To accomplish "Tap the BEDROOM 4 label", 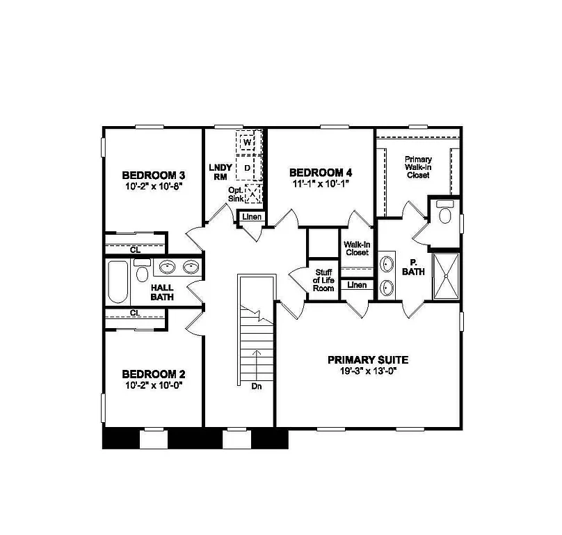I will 316,172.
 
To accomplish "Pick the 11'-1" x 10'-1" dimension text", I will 316,183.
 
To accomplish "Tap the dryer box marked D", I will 246,168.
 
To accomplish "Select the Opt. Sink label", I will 235,194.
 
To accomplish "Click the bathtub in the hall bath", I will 118,282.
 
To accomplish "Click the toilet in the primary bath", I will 445,214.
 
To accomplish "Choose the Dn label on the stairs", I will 255,385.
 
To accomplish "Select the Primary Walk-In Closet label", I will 417,167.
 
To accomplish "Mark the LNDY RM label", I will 218,172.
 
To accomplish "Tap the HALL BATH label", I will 162,291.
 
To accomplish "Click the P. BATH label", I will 413,267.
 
